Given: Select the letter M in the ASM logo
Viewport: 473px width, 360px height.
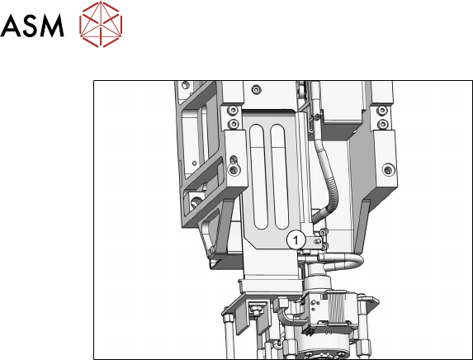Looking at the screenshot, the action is pos(51,26).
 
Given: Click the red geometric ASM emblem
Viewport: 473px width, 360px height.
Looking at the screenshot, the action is pos(101,24).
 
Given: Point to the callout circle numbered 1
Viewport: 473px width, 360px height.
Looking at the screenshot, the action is pos(296,240).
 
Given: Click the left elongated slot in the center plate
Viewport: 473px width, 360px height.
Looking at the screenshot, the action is pos(259,177).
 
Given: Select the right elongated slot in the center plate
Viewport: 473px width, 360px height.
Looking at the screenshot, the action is pos(279,177).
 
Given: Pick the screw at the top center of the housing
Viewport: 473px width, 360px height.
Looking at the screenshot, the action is pos(257,90).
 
